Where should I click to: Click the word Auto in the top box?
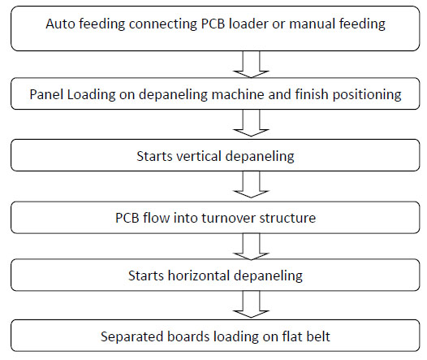(x=61, y=24)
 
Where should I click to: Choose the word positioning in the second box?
(x=367, y=95)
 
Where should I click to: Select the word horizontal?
(x=199, y=275)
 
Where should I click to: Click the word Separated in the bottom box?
(x=132, y=337)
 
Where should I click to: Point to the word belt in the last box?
(x=317, y=336)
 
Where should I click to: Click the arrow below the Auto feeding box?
(x=251, y=64)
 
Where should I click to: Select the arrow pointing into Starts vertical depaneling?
(x=251, y=123)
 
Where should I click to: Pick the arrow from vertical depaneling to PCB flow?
(x=251, y=184)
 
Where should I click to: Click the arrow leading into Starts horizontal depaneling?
(x=251, y=246)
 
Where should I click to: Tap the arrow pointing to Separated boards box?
(x=251, y=305)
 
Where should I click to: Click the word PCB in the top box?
(x=213, y=24)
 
